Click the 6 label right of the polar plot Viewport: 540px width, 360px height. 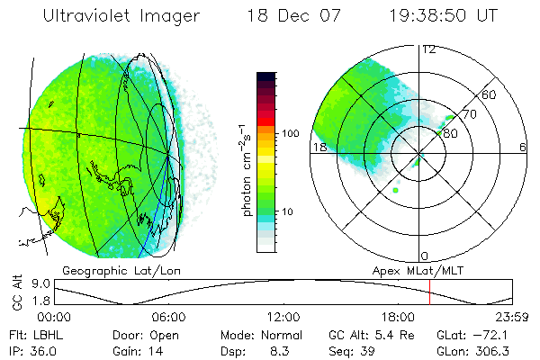pos(523,148)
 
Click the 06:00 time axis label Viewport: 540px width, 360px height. pos(168,317)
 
